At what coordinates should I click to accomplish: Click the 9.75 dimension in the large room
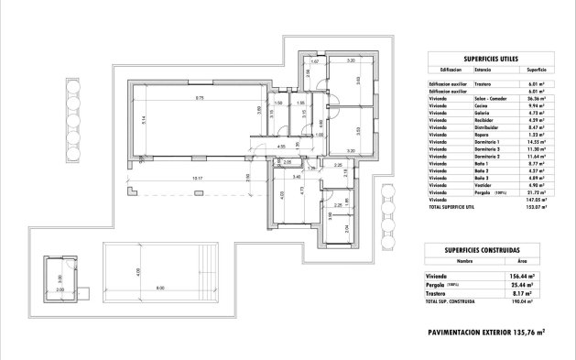point(199,96)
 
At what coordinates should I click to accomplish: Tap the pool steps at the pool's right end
point(214,270)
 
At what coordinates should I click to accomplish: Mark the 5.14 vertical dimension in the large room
point(144,119)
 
